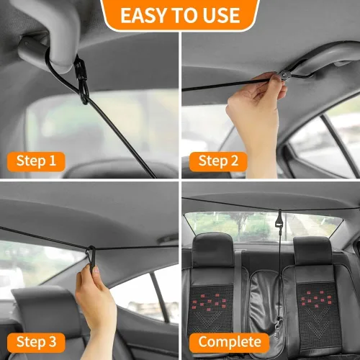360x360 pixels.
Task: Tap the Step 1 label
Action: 36,161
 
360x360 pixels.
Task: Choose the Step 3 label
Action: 36,341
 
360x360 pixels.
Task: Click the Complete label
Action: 230,341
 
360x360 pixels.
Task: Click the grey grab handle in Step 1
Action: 36,50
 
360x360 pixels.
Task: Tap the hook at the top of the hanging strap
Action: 279,216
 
